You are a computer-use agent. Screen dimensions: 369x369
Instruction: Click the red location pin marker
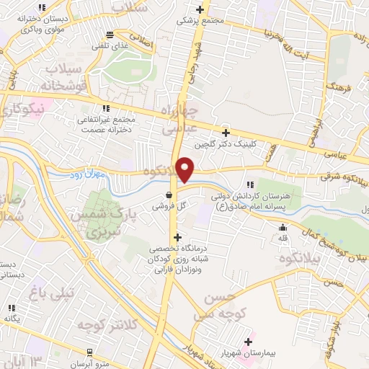(x=185, y=169)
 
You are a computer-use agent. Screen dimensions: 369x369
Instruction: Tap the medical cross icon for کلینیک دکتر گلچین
(x=226, y=133)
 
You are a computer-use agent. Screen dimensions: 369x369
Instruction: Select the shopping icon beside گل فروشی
(x=169, y=194)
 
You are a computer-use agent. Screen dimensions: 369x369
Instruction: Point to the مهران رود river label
(x=91, y=175)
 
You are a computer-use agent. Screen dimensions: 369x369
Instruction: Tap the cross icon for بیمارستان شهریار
(x=249, y=342)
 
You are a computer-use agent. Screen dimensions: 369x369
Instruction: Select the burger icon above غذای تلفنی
(x=110, y=34)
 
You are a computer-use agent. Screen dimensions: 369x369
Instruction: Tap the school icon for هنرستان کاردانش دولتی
(x=250, y=184)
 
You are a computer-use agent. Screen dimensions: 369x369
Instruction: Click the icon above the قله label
(x=283, y=228)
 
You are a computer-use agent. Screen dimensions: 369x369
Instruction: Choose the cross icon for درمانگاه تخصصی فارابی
(x=178, y=237)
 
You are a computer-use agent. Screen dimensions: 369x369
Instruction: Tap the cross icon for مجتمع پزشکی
(x=200, y=10)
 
